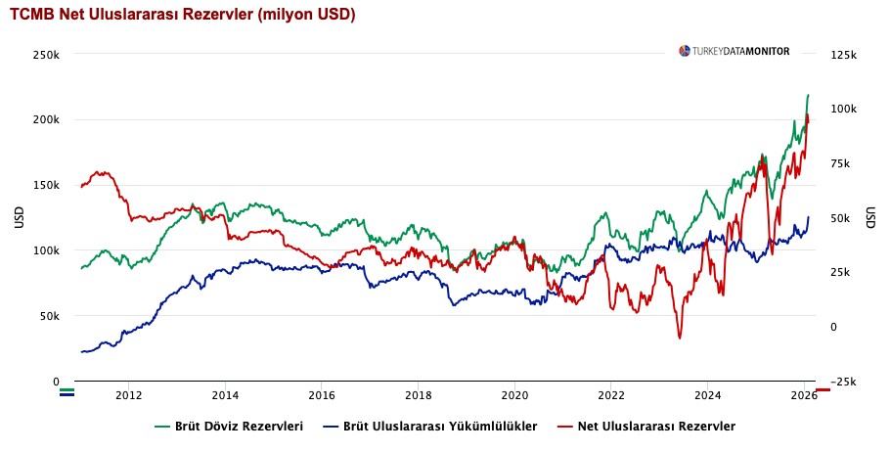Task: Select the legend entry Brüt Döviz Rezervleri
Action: pos(230,427)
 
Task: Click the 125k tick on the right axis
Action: pos(844,55)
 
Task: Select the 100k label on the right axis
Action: pos(844,110)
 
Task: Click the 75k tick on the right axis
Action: pos(842,163)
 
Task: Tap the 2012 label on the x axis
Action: pos(128,396)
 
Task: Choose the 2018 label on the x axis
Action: pos(418,396)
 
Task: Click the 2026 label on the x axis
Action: pos(803,396)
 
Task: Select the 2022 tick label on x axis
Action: pos(610,396)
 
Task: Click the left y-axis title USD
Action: pos(20,218)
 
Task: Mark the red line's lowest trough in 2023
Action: pos(679,338)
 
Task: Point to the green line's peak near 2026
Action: pos(808,95)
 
